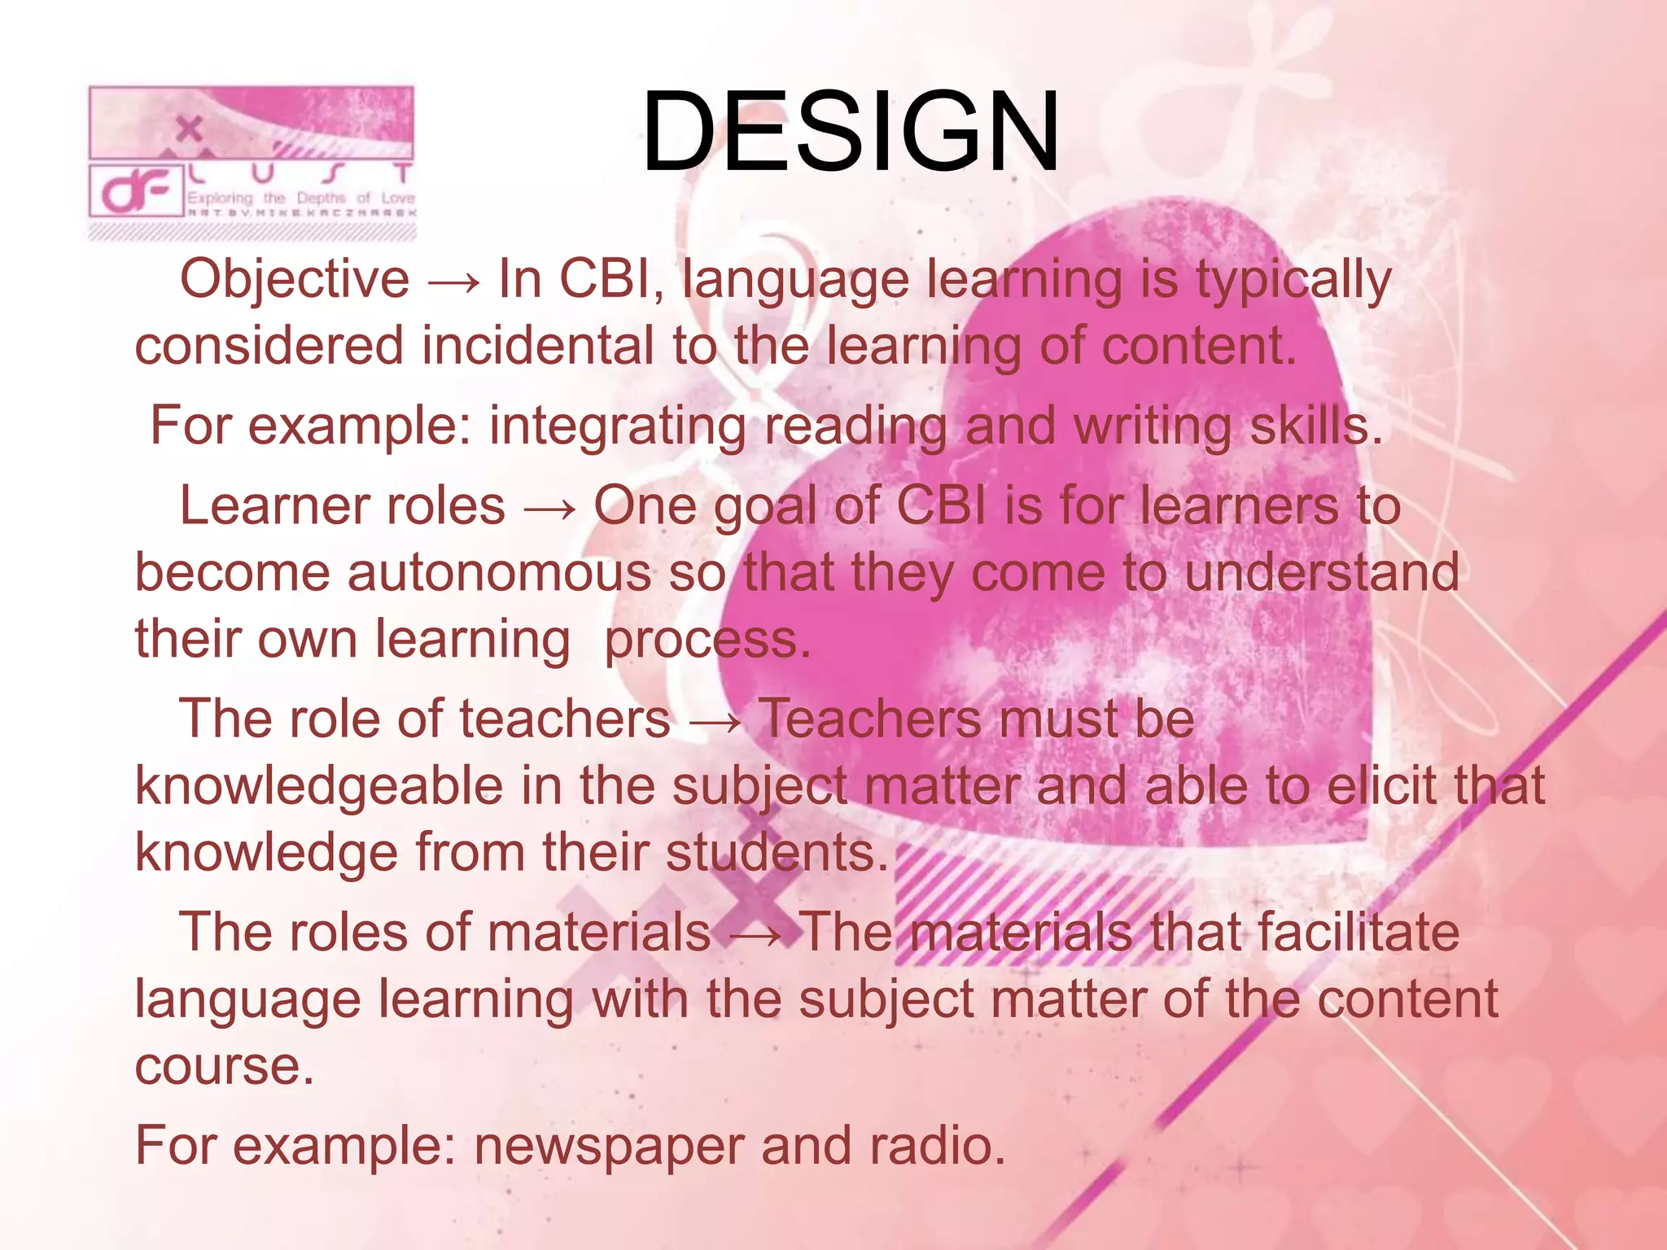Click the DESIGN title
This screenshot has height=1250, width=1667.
[851, 133]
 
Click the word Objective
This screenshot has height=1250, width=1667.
[295, 279]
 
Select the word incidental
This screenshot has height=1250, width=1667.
[537, 345]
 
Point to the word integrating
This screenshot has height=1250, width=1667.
[617, 426]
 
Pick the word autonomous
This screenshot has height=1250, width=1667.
[499, 572]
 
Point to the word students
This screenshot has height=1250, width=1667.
[777, 853]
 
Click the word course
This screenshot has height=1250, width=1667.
[224, 1067]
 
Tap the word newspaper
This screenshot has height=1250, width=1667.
[608, 1146]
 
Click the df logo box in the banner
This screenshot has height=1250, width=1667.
[136, 192]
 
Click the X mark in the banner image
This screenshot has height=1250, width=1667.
[189, 129]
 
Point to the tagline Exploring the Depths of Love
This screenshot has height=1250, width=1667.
[300, 198]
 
